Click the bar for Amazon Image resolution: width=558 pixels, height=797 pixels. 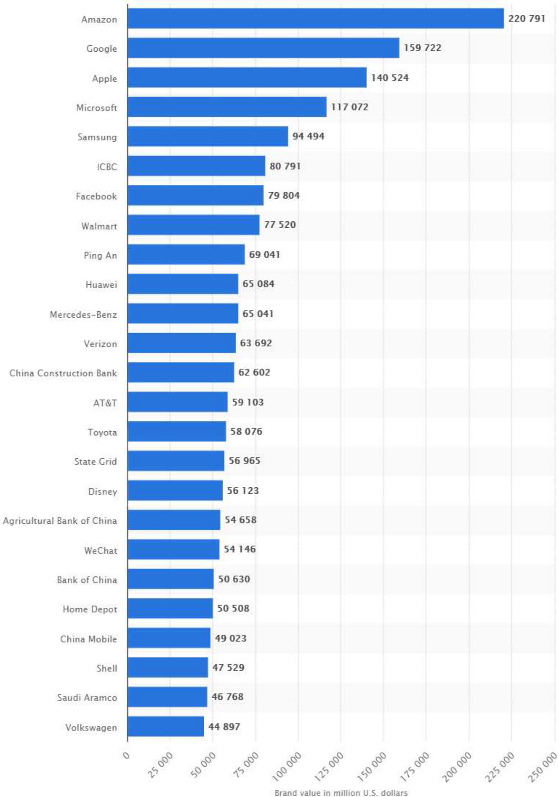316,19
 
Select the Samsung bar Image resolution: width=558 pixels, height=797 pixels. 208,136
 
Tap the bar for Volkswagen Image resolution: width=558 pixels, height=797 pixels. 165,726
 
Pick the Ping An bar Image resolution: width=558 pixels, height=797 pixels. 186,254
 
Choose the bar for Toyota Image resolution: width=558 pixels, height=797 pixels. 177,431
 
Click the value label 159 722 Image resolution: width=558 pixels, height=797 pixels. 422,48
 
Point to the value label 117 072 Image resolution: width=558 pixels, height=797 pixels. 349,107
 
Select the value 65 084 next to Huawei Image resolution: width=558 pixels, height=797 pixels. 258,284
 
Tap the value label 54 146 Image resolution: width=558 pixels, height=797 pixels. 240,549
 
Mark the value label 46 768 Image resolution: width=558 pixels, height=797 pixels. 228,696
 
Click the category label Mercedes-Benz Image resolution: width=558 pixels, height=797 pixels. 84,315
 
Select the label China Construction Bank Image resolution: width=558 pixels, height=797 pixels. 63,373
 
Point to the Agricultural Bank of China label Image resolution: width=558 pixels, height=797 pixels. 60,520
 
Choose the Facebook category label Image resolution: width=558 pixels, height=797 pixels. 96,196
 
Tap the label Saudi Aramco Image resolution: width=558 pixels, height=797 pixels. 87,697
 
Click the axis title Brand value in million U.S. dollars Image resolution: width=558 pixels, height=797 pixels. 341,793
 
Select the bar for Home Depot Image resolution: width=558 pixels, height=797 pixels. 170,608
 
